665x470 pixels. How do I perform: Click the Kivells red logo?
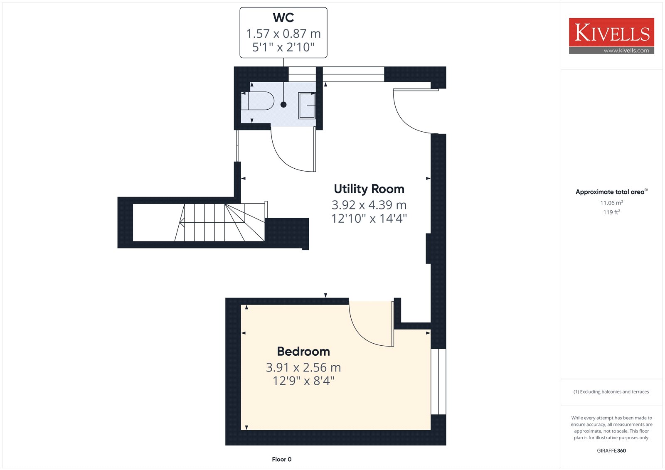[611, 32]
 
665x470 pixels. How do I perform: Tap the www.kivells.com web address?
[626, 50]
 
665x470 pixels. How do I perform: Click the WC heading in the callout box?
[283, 17]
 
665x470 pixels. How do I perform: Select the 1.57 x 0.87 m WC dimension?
[283, 34]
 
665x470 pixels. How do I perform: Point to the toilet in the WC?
[257, 101]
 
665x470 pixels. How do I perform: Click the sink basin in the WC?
[307, 106]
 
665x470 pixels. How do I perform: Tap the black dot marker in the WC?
[283, 104]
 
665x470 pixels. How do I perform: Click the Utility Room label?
[369, 189]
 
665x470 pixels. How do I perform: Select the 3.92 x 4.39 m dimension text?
[369, 205]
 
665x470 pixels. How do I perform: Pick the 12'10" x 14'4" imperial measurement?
[369, 219]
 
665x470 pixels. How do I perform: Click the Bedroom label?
[303, 352]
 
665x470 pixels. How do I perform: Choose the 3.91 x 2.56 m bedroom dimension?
[303, 368]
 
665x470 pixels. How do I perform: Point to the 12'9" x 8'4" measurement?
[303, 381]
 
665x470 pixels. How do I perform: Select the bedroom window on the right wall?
[438, 381]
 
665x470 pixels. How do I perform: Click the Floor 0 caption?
[282, 459]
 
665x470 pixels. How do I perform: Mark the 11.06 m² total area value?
[611, 203]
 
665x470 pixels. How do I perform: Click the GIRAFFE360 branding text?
[611, 450]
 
